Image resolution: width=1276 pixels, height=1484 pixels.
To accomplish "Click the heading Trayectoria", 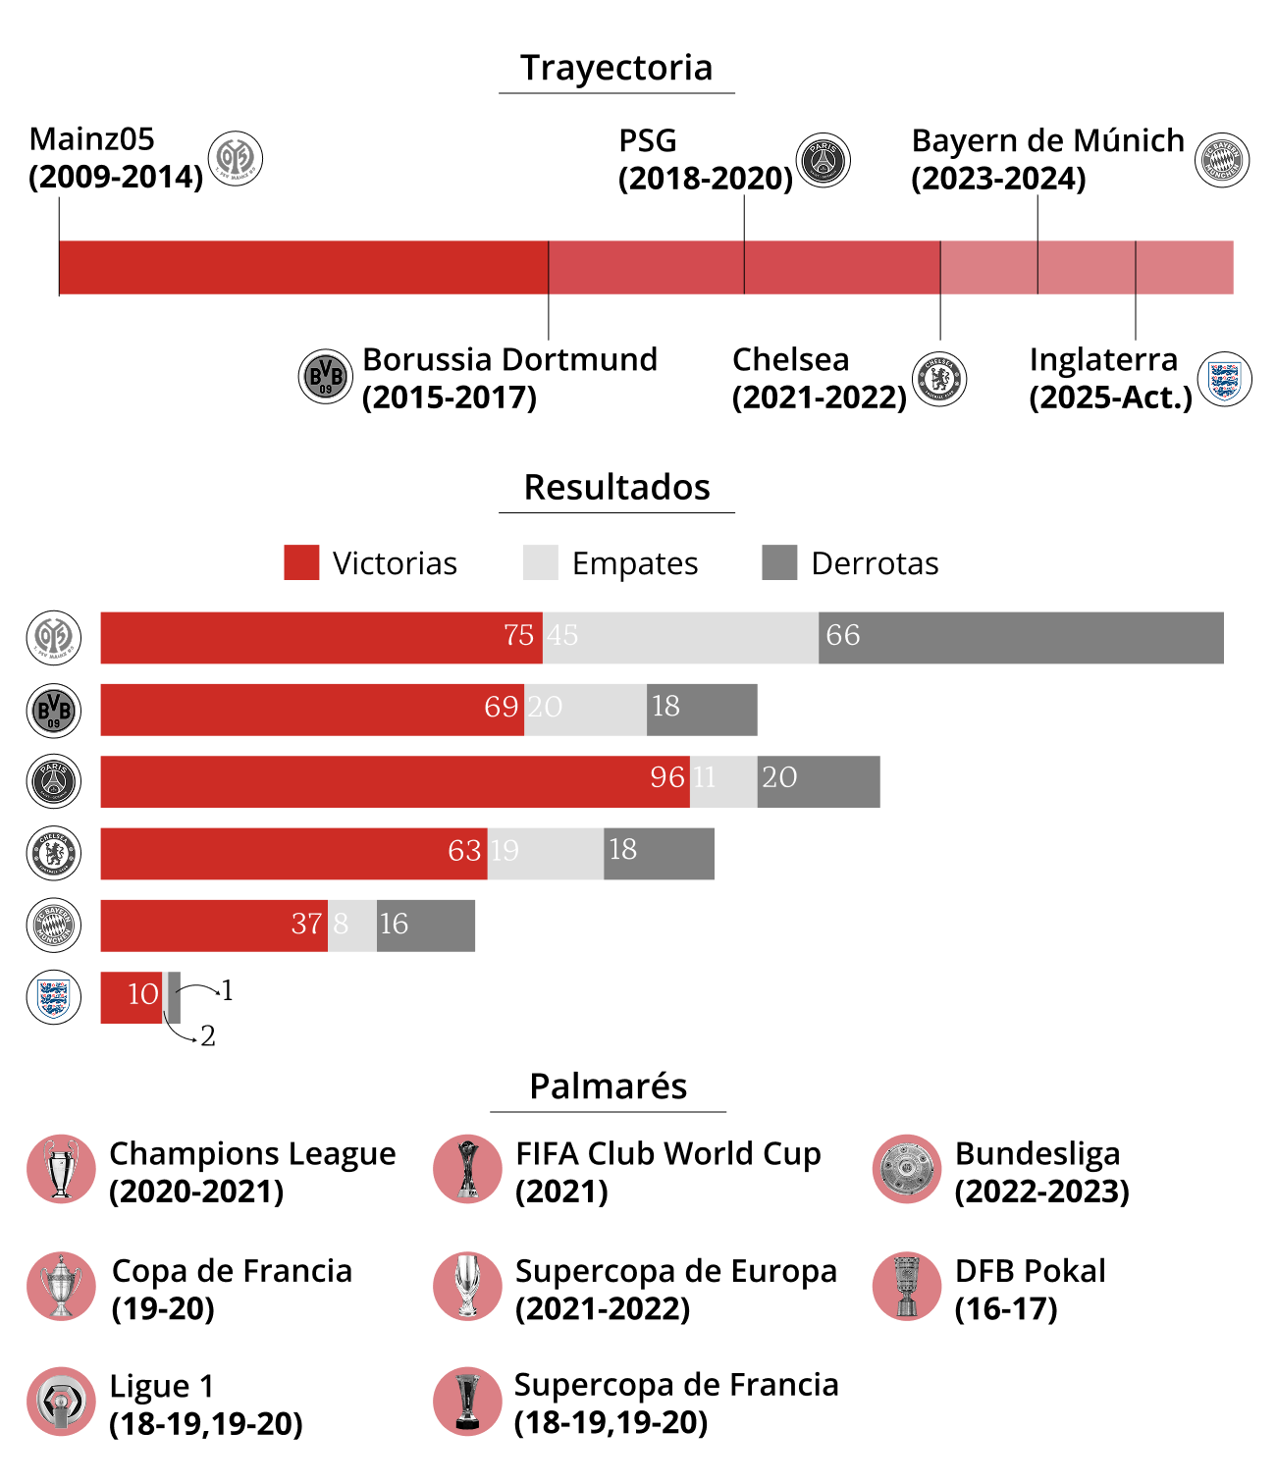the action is click(616, 68).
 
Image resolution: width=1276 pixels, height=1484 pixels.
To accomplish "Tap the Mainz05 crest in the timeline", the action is click(236, 158).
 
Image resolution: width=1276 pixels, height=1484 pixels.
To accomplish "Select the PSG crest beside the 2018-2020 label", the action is click(823, 160).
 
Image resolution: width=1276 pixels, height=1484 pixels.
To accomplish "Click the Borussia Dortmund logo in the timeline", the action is click(325, 376).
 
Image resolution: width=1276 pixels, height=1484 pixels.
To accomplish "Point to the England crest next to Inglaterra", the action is click(1224, 378).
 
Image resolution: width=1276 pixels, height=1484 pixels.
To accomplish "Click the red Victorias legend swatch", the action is click(301, 562).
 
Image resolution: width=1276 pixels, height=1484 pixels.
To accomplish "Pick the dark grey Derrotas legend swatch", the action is click(779, 562).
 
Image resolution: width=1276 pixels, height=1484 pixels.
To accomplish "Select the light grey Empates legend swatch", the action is click(541, 562).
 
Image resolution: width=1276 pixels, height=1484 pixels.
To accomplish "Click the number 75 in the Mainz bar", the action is click(518, 635).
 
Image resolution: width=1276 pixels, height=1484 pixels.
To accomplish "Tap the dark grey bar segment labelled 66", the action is click(1021, 638).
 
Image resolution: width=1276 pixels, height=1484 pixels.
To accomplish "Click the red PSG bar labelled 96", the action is click(395, 781).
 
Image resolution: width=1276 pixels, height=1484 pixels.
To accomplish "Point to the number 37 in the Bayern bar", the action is click(306, 924).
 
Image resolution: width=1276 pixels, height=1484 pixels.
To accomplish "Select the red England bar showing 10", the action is click(132, 997).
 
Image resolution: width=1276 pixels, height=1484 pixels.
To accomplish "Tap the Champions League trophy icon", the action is click(61, 1169).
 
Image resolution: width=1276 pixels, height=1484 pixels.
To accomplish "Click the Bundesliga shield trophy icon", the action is click(907, 1169).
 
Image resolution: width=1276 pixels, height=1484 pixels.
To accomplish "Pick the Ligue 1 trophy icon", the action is click(61, 1401).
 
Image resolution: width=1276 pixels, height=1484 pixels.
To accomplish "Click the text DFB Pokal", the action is click(1030, 1271).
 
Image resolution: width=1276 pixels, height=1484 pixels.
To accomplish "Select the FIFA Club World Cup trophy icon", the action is click(467, 1169).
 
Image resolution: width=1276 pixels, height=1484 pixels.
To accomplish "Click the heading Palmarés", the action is click(609, 1086).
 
